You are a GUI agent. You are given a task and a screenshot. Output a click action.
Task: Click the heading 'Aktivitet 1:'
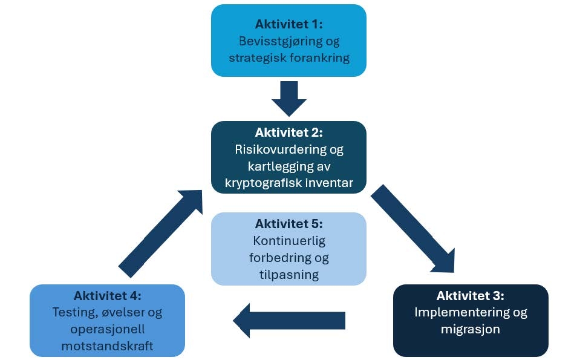tap(288, 25)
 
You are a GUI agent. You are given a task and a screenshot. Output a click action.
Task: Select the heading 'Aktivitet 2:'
tap(288, 133)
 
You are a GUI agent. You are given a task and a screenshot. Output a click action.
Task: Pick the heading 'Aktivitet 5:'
tap(288, 224)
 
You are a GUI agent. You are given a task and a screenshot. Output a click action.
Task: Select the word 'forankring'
tap(319, 58)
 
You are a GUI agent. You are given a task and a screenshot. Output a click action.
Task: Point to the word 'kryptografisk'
tap(261, 182)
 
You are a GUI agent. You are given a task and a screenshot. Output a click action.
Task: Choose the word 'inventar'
tap(328, 182)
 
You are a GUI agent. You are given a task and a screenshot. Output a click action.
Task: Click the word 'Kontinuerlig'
tap(288, 241)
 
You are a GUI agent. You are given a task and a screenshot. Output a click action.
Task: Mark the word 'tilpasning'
tap(288, 274)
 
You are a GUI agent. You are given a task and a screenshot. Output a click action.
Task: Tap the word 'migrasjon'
tap(471, 330)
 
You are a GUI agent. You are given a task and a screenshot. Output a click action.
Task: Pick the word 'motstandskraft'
tap(107, 347)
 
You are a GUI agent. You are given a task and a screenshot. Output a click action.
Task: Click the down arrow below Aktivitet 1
tap(288, 97)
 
